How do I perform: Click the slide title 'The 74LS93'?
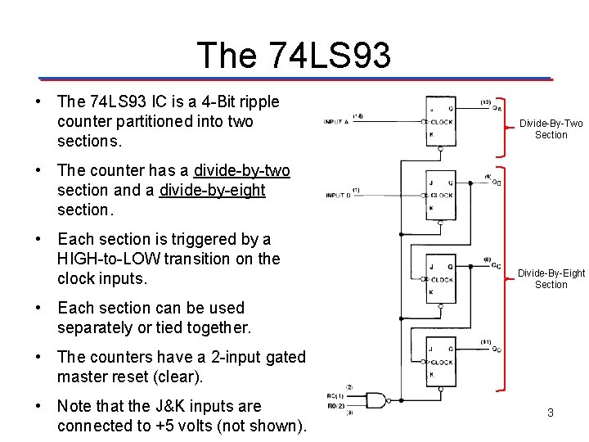click(x=294, y=56)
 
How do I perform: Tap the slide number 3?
click(x=551, y=413)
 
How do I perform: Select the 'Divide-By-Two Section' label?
click(x=551, y=129)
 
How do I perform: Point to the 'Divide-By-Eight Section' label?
click(x=551, y=278)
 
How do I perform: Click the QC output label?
click(x=497, y=265)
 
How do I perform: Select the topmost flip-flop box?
click(x=440, y=121)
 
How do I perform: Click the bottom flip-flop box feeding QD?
click(x=440, y=363)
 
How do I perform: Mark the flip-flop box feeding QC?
click(x=440, y=279)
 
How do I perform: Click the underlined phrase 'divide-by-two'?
click(x=241, y=171)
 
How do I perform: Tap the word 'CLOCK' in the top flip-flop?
click(x=441, y=121)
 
